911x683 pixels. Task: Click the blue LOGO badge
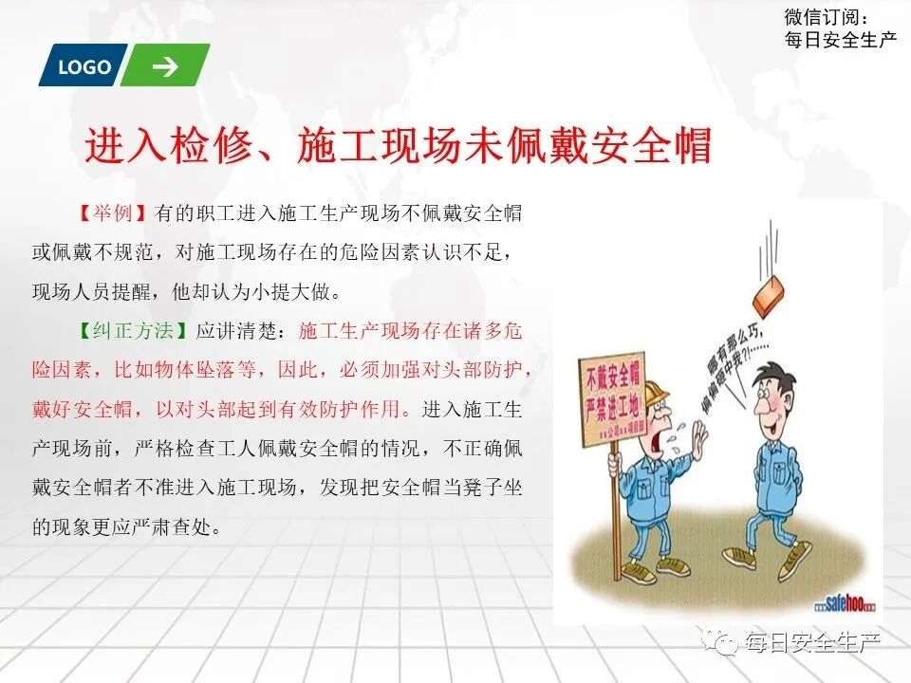click(x=84, y=66)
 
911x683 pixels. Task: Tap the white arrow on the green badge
click(x=165, y=66)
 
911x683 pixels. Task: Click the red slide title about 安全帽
click(x=398, y=147)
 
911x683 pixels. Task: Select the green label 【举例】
click(x=112, y=212)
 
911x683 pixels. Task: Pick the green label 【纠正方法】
click(x=132, y=332)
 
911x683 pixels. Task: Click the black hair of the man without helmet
click(x=776, y=374)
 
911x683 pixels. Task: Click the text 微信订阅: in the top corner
click(x=827, y=17)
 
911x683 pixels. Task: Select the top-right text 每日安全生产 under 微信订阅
click(x=841, y=40)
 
